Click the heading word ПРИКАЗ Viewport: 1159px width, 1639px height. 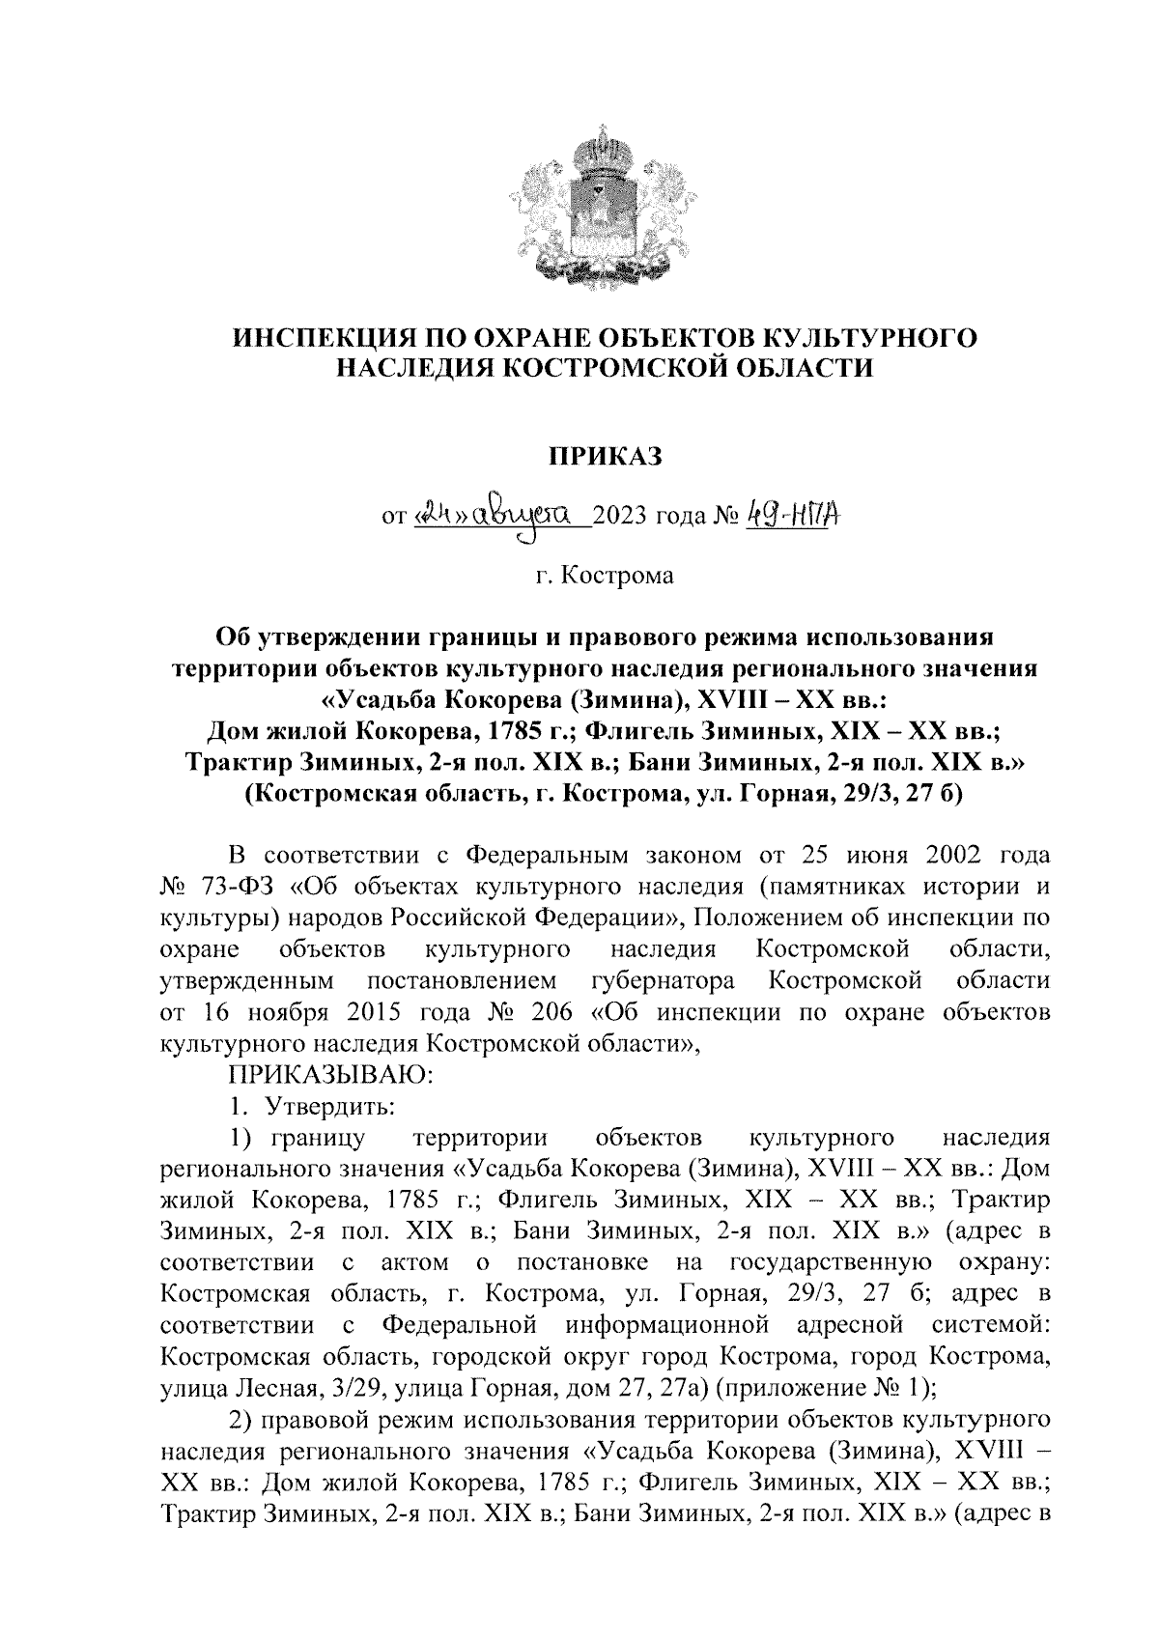coord(605,455)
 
